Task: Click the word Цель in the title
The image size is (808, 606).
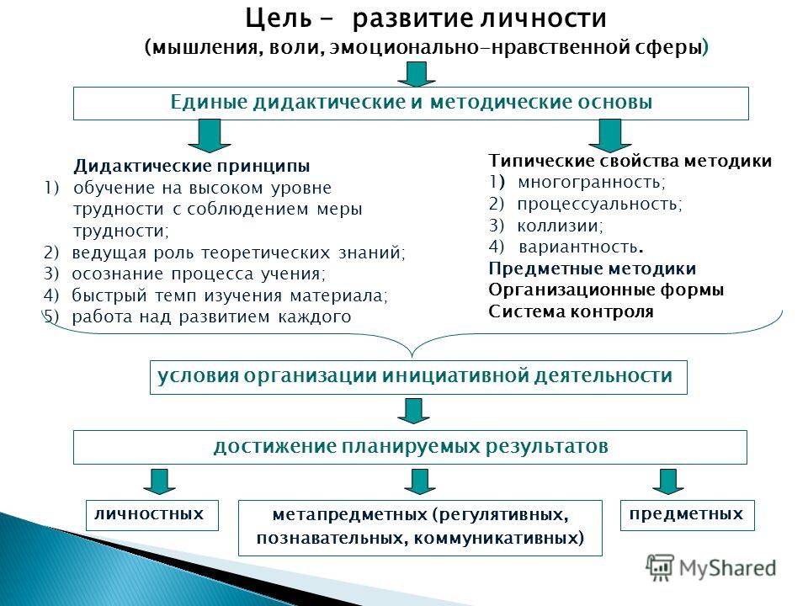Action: click(279, 19)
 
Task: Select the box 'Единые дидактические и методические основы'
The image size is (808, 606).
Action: click(411, 103)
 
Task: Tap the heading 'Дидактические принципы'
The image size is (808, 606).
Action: click(192, 166)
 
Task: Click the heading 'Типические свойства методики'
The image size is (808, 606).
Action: click(630, 161)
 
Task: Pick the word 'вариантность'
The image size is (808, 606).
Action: click(577, 247)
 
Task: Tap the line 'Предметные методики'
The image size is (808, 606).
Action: click(592, 268)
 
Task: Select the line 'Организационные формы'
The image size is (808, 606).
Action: click(606, 290)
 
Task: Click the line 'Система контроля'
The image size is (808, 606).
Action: click(571, 311)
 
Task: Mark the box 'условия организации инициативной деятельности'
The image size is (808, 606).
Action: click(418, 377)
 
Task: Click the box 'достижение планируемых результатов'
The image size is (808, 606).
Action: click(410, 447)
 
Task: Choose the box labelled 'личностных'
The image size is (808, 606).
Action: click(152, 515)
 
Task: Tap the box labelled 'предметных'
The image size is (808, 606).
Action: click(688, 515)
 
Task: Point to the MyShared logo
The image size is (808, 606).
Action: click(711, 568)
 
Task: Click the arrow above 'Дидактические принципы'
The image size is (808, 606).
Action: click(210, 136)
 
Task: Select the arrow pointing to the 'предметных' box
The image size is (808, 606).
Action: click(667, 481)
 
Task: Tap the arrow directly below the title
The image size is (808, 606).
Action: click(417, 74)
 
